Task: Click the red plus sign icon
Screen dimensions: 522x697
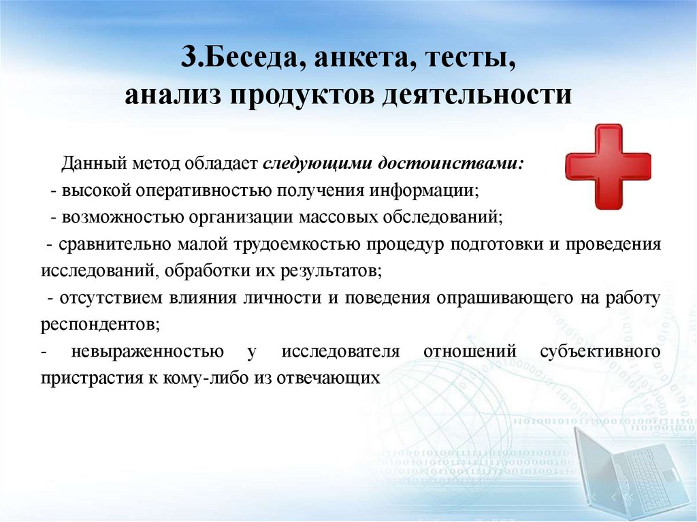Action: pyautogui.click(x=608, y=167)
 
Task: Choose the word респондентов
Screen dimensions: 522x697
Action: pyautogui.click(x=101, y=325)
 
